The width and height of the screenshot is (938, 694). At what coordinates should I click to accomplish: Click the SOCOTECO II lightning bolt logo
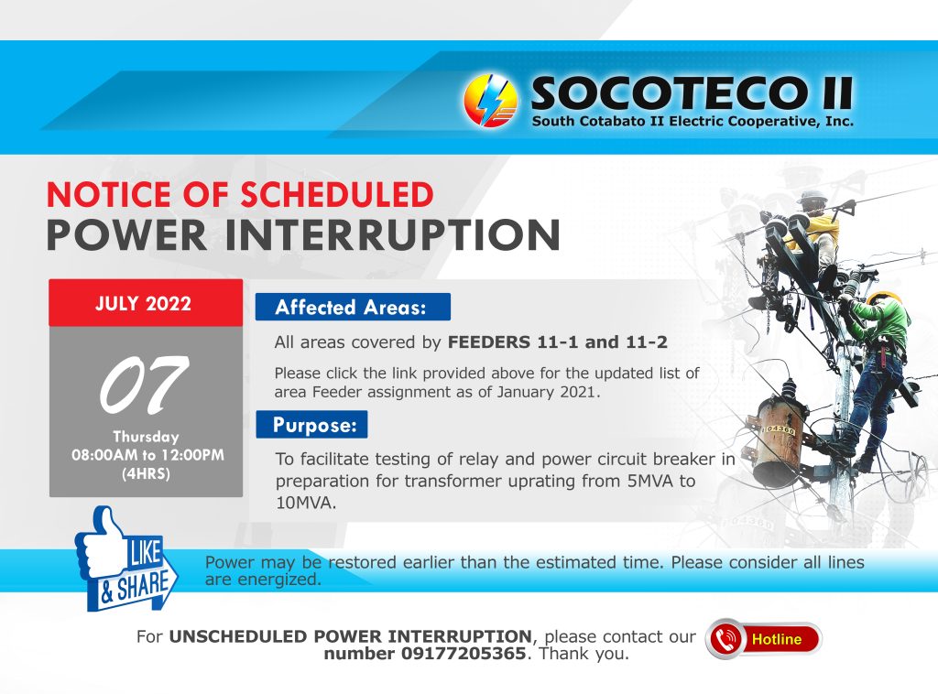point(490,101)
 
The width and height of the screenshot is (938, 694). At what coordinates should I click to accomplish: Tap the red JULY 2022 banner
point(146,302)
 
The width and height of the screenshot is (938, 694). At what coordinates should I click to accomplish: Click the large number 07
point(144,385)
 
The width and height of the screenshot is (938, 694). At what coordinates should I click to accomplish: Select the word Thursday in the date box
point(146,437)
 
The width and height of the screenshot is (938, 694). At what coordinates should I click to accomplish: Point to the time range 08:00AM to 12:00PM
point(147,455)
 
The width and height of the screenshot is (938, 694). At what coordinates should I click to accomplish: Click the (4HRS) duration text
point(146,474)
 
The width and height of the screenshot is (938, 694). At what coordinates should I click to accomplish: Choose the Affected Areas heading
point(353,307)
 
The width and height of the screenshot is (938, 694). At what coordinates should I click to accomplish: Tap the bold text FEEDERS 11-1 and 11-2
point(558,342)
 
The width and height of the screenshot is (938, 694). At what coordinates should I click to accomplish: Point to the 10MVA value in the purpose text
point(306,503)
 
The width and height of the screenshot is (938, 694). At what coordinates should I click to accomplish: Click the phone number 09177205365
point(463,654)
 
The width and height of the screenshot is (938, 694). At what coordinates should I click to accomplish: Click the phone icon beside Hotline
point(725,639)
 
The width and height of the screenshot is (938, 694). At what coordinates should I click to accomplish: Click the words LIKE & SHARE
point(137,572)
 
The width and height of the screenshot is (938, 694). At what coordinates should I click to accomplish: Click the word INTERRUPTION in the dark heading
point(393,235)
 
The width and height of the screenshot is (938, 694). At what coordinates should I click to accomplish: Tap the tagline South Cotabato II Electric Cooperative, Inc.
point(693,122)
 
